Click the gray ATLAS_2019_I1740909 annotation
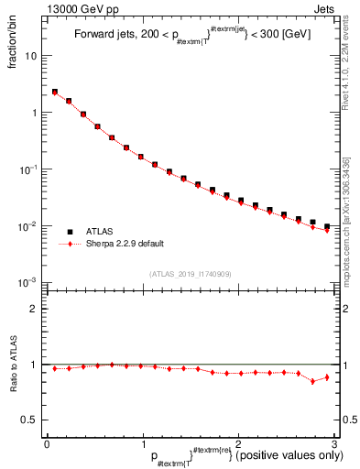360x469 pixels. point(191,274)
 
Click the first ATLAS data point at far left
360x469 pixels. point(54,92)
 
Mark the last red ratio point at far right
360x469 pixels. point(327,376)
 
